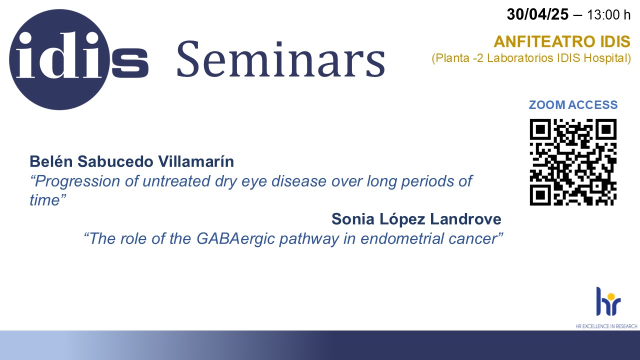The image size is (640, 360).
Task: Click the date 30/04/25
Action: [537, 14]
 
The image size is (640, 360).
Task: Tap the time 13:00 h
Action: [608, 15]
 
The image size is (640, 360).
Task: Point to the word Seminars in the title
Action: [281, 59]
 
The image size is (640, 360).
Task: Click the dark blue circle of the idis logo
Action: [59, 59]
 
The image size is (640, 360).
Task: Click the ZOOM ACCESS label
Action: [573, 105]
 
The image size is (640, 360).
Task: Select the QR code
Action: [573, 162]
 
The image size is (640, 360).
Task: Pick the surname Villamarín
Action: [196, 161]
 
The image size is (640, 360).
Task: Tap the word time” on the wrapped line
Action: [48, 199]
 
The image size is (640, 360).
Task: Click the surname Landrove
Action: [465, 219]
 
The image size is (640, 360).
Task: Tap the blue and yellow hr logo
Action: [608, 301]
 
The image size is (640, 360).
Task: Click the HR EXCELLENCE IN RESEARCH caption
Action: [606, 326]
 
